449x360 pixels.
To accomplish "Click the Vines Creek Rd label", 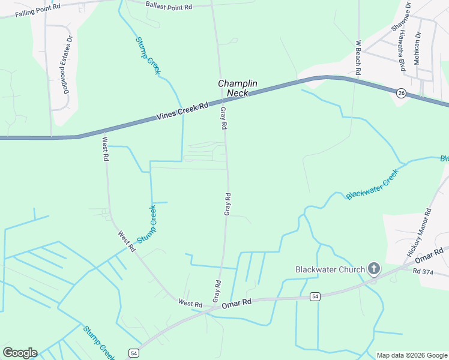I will [x=182, y=111].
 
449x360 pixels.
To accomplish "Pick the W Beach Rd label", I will [x=358, y=57].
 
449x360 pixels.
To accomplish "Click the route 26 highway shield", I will [x=401, y=92].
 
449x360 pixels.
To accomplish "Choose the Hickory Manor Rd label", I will [x=419, y=233].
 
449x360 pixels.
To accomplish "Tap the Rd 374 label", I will [x=423, y=271].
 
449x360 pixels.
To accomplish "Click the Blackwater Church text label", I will [x=330, y=269].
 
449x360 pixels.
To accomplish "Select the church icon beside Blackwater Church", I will [x=375, y=268].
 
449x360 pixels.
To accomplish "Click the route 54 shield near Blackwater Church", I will [x=315, y=296].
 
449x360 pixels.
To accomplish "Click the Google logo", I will [x=20, y=353].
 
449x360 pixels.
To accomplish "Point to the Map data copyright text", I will [x=411, y=355].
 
